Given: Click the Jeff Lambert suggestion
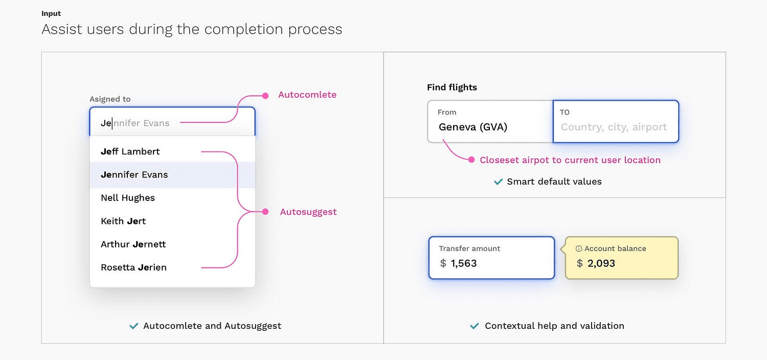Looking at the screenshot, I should (130, 151).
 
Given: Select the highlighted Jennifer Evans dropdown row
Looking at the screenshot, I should (134, 174).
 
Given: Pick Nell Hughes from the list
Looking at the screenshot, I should (128, 198).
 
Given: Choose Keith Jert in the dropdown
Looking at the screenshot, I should (123, 221).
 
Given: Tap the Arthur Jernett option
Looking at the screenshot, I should (133, 244).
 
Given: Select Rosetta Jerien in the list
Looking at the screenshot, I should (133, 267).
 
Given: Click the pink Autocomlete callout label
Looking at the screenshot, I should (307, 95).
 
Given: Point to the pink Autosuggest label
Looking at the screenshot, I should (308, 212).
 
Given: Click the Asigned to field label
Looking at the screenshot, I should (110, 99).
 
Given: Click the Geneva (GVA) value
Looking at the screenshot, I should (473, 127).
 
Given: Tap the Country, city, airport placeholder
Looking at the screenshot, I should (614, 127).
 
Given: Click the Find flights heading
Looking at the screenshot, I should (452, 87).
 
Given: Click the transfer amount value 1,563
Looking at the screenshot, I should (464, 263).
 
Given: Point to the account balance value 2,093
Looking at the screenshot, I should (601, 263).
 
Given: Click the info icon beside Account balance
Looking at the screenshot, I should (579, 249).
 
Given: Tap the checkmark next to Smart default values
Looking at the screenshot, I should (498, 182).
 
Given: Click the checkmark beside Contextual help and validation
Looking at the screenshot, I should (475, 326).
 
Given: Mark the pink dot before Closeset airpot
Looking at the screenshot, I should (471, 160).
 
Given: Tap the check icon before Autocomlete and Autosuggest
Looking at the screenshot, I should (134, 326).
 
